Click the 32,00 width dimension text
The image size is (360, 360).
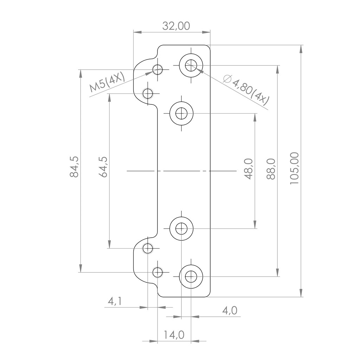point(176,26)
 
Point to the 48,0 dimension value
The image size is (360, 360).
point(248,169)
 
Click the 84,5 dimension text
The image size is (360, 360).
point(74,167)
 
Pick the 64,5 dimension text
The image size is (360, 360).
point(103,167)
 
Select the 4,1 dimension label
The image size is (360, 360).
point(115,301)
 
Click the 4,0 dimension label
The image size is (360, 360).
point(229,310)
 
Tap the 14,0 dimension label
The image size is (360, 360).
point(174,335)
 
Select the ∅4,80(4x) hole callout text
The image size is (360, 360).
point(246,90)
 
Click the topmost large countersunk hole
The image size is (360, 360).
point(191,65)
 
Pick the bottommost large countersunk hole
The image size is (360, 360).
point(191,277)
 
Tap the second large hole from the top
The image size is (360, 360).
point(181,113)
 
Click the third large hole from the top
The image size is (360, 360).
point(181,229)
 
